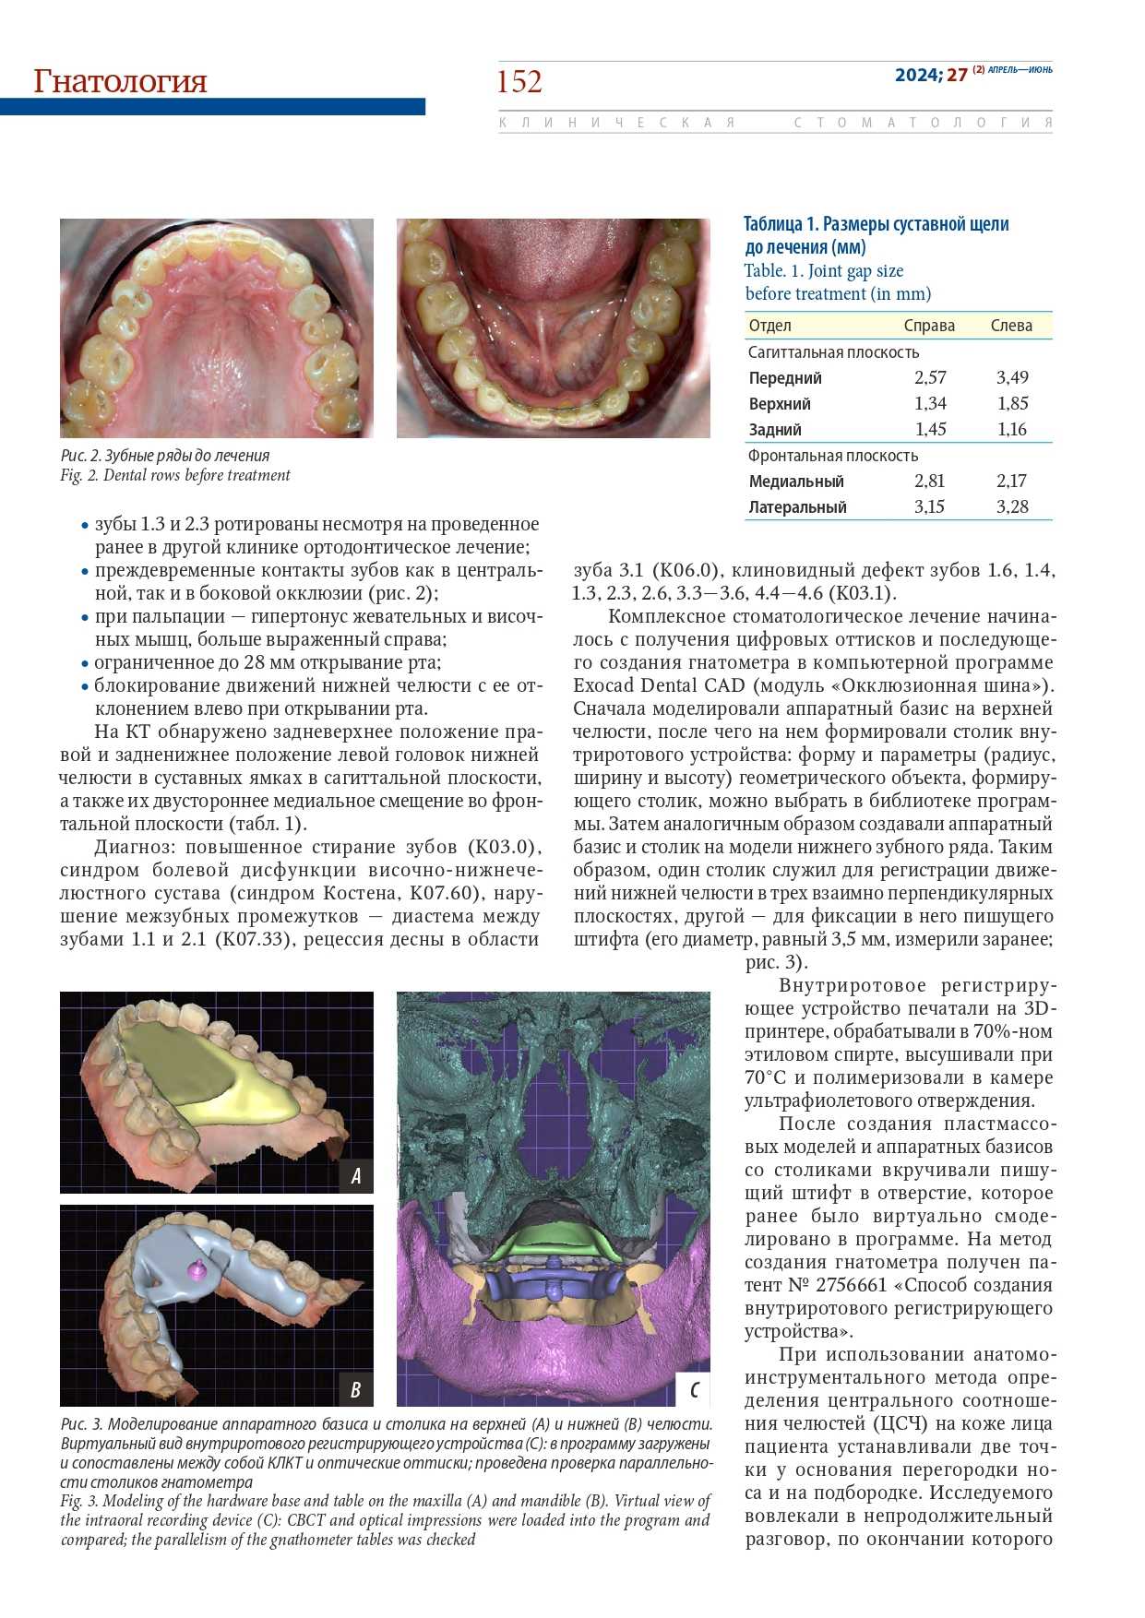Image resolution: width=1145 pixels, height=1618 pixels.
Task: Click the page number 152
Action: (519, 82)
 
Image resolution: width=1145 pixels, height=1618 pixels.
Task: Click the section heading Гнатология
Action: (120, 81)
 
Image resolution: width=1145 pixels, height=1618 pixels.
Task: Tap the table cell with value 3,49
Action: (1012, 377)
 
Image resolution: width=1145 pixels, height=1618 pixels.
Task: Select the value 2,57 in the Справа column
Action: (930, 377)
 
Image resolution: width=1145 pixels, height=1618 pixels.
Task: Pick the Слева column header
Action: (1011, 326)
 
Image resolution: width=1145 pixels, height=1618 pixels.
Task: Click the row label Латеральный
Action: (797, 507)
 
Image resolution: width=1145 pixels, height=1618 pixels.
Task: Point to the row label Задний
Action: (775, 430)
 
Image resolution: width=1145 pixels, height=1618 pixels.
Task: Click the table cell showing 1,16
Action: (1012, 429)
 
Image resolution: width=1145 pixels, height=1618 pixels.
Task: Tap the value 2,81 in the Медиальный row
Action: (930, 481)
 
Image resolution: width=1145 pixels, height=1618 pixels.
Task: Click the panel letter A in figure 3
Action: (356, 1175)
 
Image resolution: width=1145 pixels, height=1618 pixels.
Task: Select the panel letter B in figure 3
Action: (356, 1389)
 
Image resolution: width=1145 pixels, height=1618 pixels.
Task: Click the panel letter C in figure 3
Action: (693, 1389)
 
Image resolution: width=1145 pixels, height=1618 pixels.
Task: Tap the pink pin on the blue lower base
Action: (196, 1269)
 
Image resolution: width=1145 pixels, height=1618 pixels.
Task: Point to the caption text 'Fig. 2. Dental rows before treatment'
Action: (175, 476)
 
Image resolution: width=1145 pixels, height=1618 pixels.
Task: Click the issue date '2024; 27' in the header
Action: (931, 75)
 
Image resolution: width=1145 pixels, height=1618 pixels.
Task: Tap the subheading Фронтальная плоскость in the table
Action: (832, 456)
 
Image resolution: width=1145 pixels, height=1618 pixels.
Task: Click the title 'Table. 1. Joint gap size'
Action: (824, 271)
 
